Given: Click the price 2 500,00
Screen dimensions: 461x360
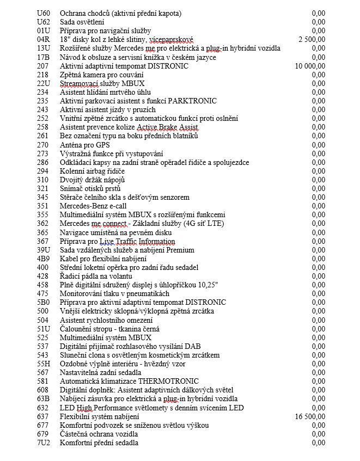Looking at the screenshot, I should click(312, 39).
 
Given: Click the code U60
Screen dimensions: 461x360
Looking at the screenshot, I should click(43, 13).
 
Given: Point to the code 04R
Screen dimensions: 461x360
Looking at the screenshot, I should click(43, 39).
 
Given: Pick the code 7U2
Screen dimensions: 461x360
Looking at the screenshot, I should click(43, 442).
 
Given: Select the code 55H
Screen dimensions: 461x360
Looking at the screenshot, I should click(44, 364).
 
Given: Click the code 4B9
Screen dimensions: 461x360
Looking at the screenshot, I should click(43, 259).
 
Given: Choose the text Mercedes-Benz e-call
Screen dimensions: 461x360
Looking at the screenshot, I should click(93, 206).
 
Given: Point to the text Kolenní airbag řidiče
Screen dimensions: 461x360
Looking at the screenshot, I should click(92, 171).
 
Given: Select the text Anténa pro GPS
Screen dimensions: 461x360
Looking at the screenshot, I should click(84, 145).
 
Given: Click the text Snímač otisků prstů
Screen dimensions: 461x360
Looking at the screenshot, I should click(90, 188).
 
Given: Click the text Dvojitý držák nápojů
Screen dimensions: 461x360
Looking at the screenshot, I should click(92, 180).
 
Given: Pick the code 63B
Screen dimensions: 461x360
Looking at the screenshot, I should click(43, 398).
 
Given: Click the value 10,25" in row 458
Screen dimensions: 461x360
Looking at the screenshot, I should click(208, 285).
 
